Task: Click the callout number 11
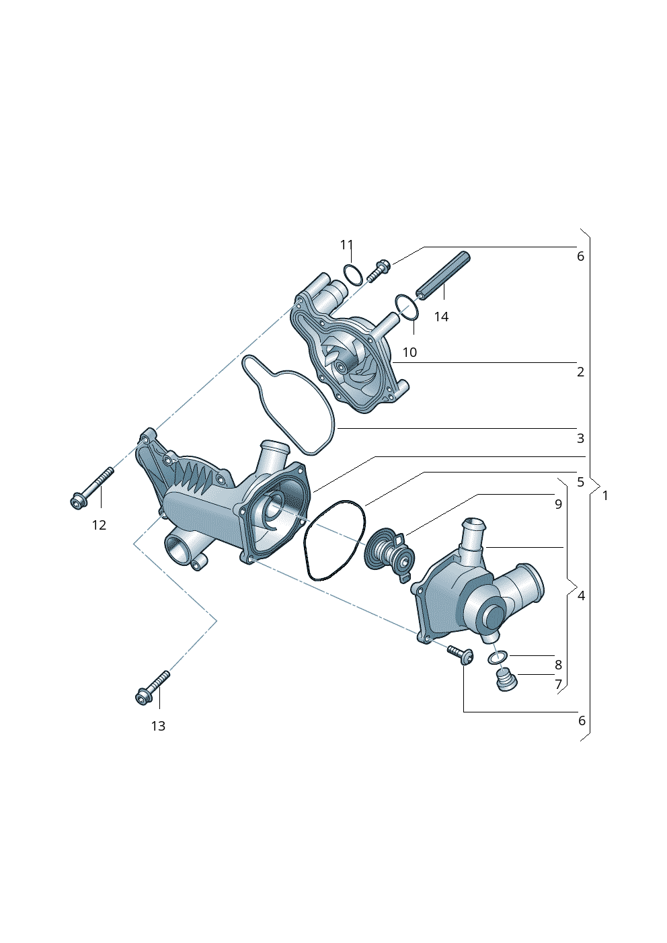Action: point(346,245)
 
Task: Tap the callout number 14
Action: point(441,317)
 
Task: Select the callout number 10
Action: point(409,352)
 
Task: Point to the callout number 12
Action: point(100,525)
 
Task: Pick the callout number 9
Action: point(558,504)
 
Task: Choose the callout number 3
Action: point(581,438)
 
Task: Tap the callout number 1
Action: point(605,496)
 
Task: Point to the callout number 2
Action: point(581,372)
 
